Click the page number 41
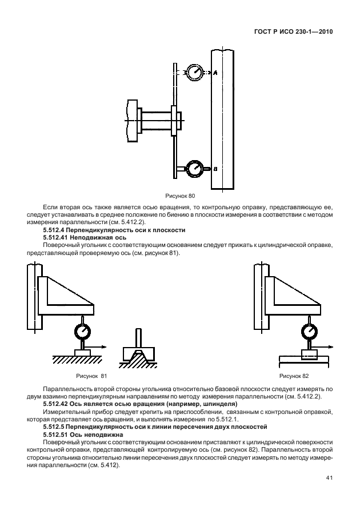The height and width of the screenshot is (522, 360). (328, 478)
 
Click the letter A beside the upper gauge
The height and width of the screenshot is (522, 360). (215, 73)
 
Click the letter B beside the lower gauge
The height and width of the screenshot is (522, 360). (215, 169)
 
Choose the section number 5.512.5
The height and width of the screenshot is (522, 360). (57, 426)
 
